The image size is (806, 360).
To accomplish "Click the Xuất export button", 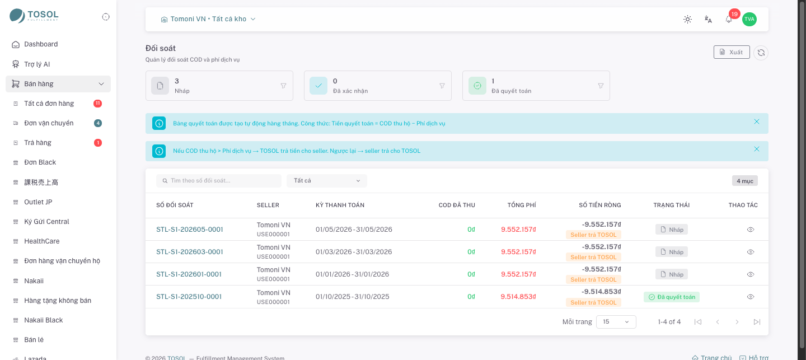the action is pyautogui.click(x=732, y=52).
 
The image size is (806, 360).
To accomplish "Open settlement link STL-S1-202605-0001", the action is pyautogui.click(x=190, y=230).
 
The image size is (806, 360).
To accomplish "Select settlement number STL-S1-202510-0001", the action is pyautogui.click(x=189, y=297).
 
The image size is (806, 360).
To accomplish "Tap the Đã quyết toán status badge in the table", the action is pyautogui.click(x=672, y=297).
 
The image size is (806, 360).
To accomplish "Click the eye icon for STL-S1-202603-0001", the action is pyautogui.click(x=750, y=252).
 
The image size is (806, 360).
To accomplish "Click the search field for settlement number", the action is pyautogui.click(x=219, y=181).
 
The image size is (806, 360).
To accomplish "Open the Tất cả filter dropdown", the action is pyautogui.click(x=327, y=181).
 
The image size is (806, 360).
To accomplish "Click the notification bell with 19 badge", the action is pyautogui.click(x=729, y=19).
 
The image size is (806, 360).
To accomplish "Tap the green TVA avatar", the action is pyautogui.click(x=749, y=19).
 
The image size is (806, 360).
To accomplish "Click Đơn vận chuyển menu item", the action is pyautogui.click(x=49, y=123).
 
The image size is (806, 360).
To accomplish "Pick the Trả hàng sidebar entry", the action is pyautogui.click(x=38, y=143).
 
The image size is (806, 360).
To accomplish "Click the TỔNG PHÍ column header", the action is pyautogui.click(x=522, y=205).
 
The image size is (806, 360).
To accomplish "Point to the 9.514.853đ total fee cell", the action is pyautogui.click(x=518, y=297).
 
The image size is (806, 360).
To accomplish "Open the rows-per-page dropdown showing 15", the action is pyautogui.click(x=616, y=322).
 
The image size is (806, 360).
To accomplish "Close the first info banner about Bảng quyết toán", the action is pyautogui.click(x=757, y=121).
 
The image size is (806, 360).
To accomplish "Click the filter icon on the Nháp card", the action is pyautogui.click(x=284, y=86).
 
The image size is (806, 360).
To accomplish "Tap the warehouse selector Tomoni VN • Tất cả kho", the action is pyautogui.click(x=208, y=19).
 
